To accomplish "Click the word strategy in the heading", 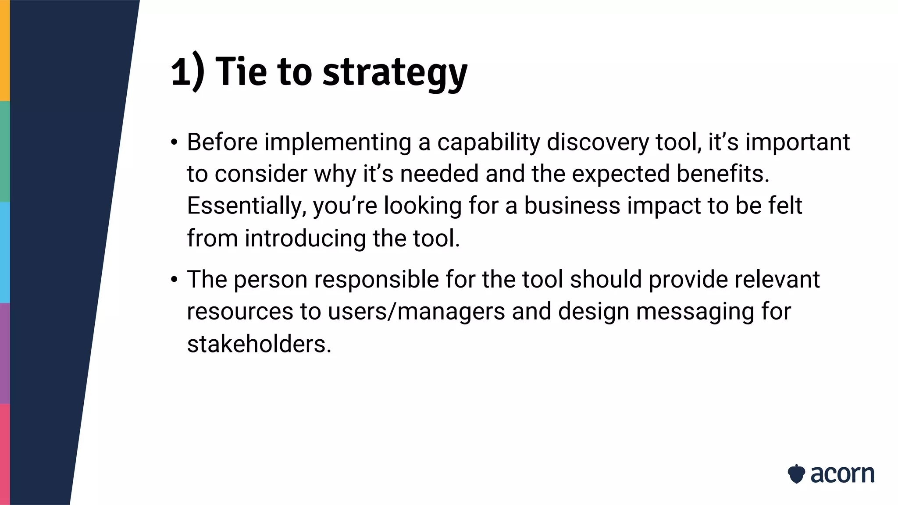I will [x=395, y=72].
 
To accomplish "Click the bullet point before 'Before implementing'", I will [x=175, y=143].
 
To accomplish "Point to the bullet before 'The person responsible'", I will [x=175, y=280].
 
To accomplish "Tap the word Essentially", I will [x=246, y=206].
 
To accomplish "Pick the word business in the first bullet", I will [x=572, y=206].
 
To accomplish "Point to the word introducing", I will [x=305, y=238].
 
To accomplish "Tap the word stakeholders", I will [x=259, y=344].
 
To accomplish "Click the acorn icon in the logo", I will [x=796, y=474].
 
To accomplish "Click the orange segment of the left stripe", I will [x=4, y=50].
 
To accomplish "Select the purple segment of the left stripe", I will [x=4, y=353].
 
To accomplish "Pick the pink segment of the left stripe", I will [x=4, y=454].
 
